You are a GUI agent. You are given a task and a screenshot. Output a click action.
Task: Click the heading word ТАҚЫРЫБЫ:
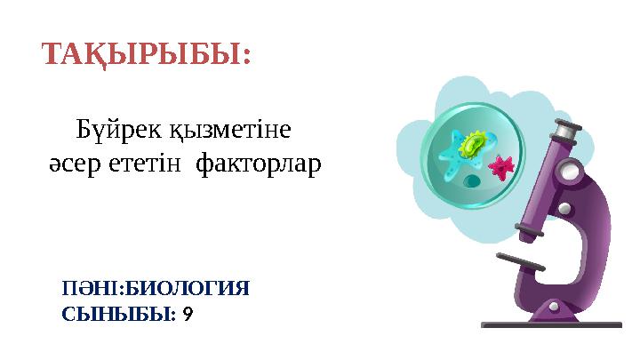pos(148,55)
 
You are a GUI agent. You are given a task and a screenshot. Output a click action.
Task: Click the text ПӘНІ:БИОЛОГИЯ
pos(156,289)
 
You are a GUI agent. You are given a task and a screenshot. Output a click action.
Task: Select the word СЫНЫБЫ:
pos(119,313)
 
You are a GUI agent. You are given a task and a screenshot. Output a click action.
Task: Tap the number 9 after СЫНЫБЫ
pos(186,313)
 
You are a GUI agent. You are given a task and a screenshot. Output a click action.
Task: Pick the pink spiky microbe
pos(502,165)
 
